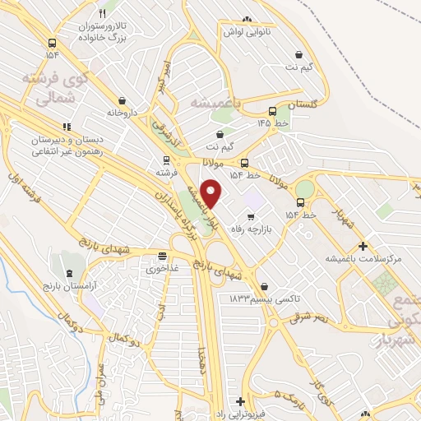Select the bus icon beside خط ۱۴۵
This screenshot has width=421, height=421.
click(272, 111)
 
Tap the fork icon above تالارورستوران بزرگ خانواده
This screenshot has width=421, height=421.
click(102, 14)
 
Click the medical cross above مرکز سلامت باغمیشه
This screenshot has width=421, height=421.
click(363, 246)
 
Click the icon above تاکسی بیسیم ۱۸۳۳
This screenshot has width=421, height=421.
click(263, 287)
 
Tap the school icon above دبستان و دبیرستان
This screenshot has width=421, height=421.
click(67, 126)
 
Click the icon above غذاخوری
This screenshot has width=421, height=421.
click(162, 256)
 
